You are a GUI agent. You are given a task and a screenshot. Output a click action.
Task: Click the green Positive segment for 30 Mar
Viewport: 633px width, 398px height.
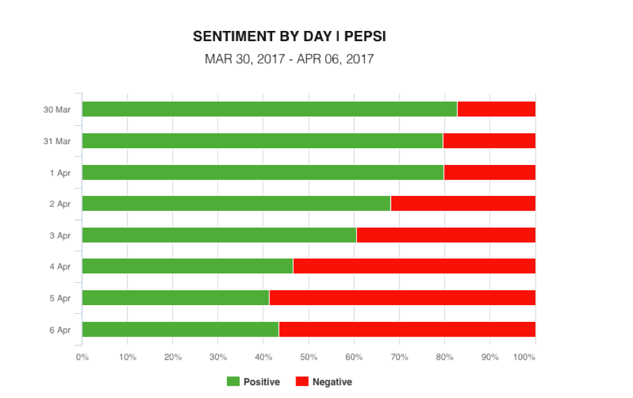point(269,109)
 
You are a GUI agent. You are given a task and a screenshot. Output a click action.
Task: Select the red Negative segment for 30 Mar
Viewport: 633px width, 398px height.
point(496,109)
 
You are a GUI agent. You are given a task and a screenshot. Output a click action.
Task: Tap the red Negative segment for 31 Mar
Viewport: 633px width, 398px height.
point(490,141)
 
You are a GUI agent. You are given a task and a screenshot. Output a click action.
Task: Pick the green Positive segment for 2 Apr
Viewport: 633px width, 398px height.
point(236,203)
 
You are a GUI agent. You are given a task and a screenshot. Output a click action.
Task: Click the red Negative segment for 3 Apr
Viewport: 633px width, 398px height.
point(446,235)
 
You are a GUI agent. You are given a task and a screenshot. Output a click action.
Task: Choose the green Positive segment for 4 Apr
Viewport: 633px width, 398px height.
point(187,266)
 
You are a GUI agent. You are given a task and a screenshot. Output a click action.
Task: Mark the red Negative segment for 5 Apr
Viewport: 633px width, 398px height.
point(402,298)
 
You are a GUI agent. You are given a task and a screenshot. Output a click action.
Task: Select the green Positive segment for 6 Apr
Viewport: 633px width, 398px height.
point(180,329)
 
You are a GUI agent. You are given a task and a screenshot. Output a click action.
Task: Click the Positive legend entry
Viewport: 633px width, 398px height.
point(253,382)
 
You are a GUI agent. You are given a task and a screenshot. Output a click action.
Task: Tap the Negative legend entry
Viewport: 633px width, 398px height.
point(324,382)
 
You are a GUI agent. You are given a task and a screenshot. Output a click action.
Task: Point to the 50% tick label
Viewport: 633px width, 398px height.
point(308,357)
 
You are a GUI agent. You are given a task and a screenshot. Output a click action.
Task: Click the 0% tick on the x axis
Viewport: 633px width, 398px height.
point(82,357)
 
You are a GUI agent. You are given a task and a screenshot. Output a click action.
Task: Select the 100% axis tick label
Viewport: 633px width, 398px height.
point(525,357)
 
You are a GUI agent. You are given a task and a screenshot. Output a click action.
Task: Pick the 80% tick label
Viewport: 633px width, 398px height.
point(444,357)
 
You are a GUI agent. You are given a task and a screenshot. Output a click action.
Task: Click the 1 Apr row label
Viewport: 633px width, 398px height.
point(60,173)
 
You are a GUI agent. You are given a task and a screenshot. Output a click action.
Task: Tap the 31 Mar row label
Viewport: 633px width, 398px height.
point(57,141)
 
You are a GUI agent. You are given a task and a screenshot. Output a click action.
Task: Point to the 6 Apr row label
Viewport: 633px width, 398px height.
point(60,330)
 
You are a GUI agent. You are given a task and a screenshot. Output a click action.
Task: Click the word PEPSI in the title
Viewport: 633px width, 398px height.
point(365,36)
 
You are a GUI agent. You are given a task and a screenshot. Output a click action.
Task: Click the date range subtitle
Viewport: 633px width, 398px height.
point(289,59)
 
